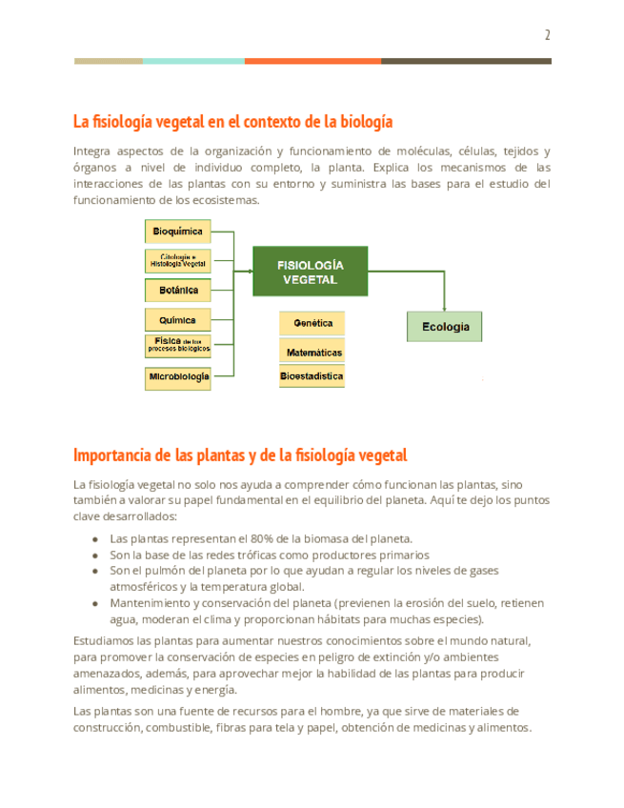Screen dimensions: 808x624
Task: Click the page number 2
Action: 547,35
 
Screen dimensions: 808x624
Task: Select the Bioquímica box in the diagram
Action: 177,231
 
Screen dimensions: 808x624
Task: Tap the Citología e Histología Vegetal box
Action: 177,260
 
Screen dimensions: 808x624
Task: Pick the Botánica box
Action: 177,290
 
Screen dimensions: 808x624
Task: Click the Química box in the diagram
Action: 177,320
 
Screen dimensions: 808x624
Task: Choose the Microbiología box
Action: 177,377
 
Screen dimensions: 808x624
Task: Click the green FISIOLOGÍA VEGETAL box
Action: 310,273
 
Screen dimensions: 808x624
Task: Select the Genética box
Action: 312,324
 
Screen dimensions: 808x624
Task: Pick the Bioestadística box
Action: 312,376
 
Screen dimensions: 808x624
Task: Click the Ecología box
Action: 445,327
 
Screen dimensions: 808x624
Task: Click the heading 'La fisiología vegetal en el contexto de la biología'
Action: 232,122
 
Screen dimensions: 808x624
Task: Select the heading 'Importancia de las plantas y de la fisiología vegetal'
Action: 239,454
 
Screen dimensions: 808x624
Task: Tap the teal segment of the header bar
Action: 193,61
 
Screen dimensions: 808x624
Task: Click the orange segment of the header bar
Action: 312,61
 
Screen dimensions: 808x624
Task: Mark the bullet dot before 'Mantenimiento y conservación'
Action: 95,603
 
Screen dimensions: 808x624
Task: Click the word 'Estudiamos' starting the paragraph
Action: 106,640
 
